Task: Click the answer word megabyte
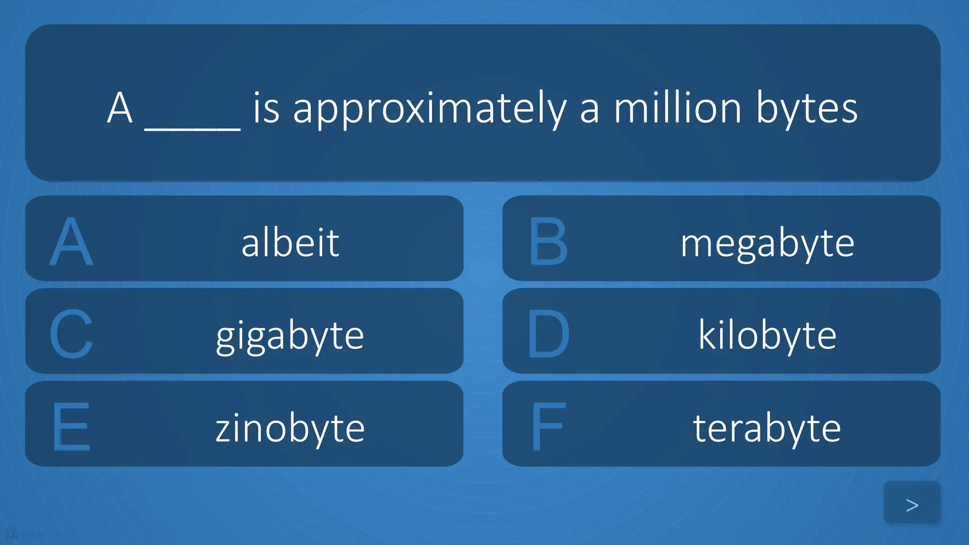click(767, 243)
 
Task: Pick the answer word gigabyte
click(290, 336)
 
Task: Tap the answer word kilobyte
click(767, 335)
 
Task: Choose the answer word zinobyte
click(290, 428)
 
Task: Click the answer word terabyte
click(767, 428)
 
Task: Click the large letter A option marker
click(71, 242)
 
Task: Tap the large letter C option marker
click(71, 334)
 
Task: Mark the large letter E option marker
click(71, 427)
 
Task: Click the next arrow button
click(912, 504)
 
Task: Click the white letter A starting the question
click(119, 108)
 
